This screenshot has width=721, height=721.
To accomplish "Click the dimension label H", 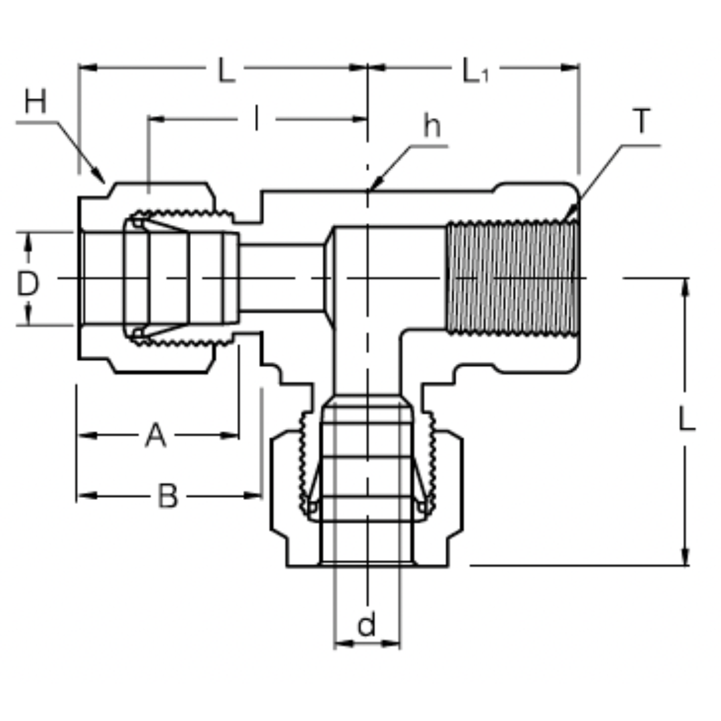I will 36,103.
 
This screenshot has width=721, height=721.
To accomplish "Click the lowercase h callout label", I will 432,126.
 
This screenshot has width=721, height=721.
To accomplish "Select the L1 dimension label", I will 475,71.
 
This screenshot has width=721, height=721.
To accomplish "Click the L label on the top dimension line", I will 227,71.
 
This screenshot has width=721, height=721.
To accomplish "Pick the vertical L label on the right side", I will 687,420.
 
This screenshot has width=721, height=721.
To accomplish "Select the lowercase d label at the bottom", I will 367,626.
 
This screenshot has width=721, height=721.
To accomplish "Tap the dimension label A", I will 155,436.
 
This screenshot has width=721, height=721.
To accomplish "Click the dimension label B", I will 168,496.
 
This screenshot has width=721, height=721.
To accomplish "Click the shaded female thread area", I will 511,278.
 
